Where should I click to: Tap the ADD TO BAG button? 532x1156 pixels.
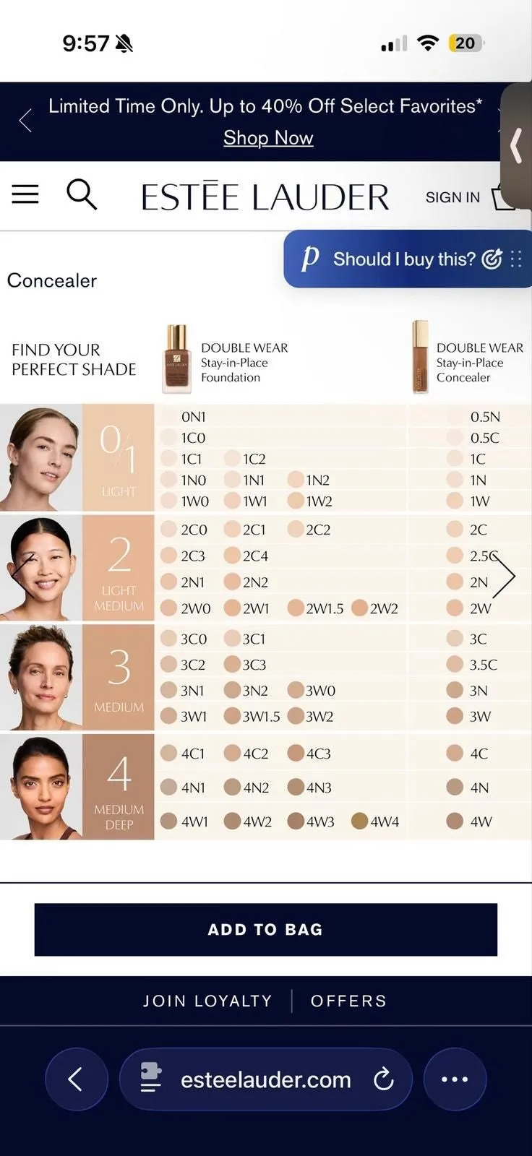pyautogui.click(x=265, y=929)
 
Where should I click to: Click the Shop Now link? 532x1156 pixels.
pyautogui.click(x=268, y=138)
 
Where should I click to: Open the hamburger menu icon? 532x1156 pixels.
pyautogui.click(x=25, y=194)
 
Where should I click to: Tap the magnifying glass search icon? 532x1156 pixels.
pyautogui.click(x=82, y=194)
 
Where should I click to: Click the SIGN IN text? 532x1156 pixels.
pyautogui.click(x=452, y=197)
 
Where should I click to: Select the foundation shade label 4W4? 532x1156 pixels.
pyautogui.click(x=385, y=821)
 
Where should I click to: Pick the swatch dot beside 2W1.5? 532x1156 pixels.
pyautogui.click(x=296, y=608)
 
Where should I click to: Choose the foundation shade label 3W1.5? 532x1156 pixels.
pyautogui.click(x=262, y=716)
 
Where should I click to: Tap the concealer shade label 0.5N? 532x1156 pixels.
pyautogui.click(x=485, y=416)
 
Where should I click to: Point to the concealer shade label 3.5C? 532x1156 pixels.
pyautogui.click(x=484, y=665)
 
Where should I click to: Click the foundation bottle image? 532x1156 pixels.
pyautogui.click(x=176, y=359)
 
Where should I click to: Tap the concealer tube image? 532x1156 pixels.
pyautogui.click(x=421, y=357)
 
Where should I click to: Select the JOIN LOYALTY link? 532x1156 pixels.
pyautogui.click(x=207, y=1001)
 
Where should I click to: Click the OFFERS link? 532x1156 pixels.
pyautogui.click(x=348, y=1001)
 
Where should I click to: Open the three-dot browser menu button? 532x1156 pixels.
pyautogui.click(x=455, y=1079)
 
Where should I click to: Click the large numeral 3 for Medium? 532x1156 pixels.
pyautogui.click(x=119, y=667)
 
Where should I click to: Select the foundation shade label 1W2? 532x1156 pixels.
pyautogui.click(x=319, y=501)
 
